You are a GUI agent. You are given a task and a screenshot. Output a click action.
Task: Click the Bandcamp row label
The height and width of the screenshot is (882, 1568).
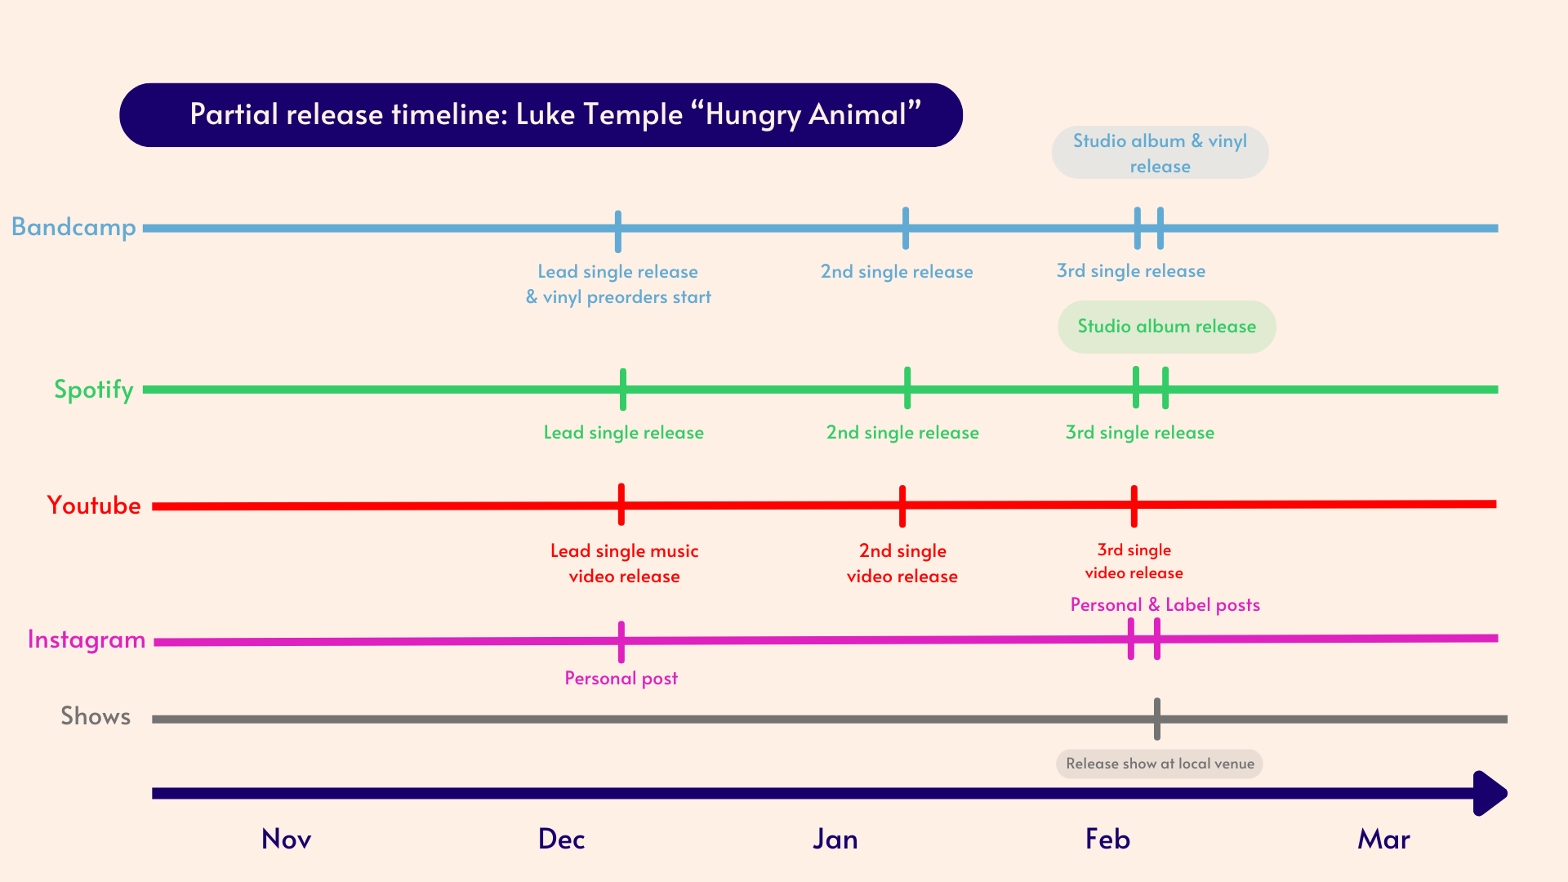coord(73,227)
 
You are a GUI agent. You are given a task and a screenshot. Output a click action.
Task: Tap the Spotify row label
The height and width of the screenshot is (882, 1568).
coord(93,390)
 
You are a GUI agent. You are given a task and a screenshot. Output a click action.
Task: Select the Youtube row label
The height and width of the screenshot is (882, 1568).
coord(94,506)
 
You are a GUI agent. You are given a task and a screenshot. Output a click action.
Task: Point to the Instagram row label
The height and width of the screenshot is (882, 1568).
coord(87,639)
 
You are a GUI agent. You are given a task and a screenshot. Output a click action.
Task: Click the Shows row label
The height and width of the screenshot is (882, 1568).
coord(96,716)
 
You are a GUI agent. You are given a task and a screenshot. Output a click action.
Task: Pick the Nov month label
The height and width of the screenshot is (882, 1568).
coord(286,839)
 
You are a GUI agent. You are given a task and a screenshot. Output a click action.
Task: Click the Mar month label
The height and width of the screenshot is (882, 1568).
coord(1383,839)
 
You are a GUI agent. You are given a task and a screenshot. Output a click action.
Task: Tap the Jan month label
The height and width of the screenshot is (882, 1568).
coord(835,839)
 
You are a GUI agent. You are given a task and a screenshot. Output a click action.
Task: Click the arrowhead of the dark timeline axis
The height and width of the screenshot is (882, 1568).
coord(1490,793)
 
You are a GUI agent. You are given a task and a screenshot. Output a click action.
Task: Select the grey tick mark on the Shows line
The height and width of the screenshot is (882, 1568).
coord(1156,719)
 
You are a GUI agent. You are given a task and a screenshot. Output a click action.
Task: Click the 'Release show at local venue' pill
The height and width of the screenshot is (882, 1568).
coord(1159,764)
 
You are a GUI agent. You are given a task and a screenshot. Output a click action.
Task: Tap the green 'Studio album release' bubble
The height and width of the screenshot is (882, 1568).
coord(1166,327)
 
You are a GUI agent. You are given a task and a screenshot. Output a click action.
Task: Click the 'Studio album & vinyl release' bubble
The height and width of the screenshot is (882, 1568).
coord(1160,153)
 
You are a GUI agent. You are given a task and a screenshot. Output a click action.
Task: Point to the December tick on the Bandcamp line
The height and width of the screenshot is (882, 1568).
coord(618,231)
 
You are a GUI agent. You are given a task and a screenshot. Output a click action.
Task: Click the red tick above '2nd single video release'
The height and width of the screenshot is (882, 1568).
coord(902,506)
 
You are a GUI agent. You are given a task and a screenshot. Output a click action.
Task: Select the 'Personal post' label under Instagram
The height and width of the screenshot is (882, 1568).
coord(621,678)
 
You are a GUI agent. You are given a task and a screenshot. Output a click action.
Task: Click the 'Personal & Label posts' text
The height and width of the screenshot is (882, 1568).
coord(1165,605)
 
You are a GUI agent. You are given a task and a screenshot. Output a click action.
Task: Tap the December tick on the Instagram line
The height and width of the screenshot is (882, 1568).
coord(621,642)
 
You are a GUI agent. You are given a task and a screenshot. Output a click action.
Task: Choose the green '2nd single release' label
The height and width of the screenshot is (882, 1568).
coord(902,433)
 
